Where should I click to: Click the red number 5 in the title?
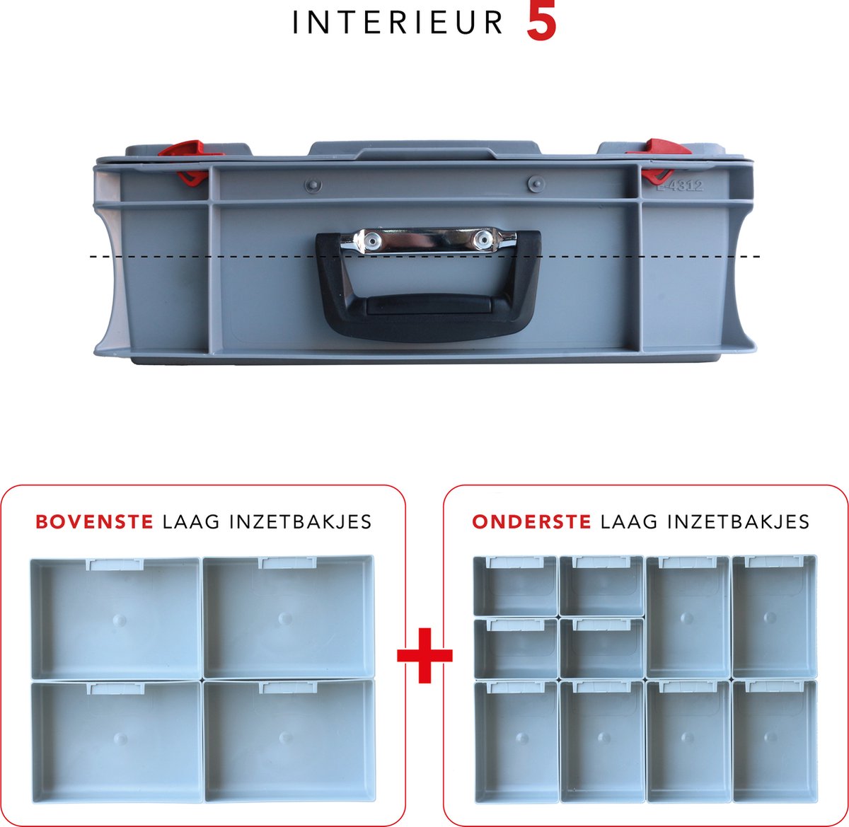(x=541, y=23)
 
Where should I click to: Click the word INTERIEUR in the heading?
(x=398, y=23)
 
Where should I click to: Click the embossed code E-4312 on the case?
(x=679, y=186)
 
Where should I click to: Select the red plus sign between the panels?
(x=424, y=655)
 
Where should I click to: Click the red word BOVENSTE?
(x=94, y=522)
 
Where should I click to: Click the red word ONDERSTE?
(x=531, y=522)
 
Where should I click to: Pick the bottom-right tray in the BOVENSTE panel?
(x=289, y=740)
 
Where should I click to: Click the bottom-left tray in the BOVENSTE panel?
(x=117, y=740)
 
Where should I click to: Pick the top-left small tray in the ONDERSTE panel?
(x=515, y=586)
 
